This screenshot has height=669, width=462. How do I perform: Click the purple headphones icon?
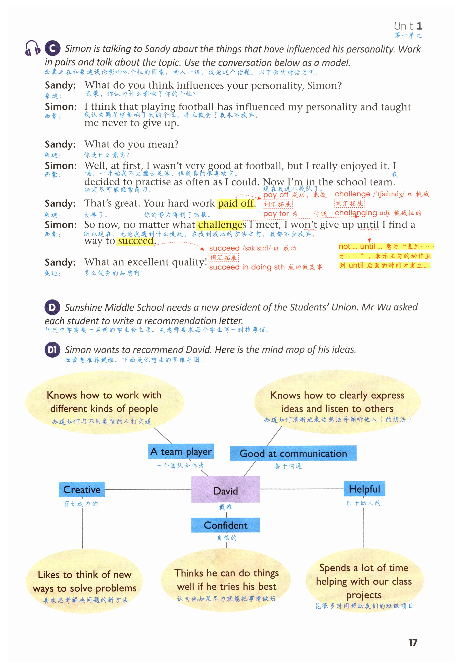tap(32, 48)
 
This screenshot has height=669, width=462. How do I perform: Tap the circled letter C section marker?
tap(52, 48)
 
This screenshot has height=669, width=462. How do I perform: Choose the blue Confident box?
tap(226, 525)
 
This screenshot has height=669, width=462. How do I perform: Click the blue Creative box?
tap(82, 489)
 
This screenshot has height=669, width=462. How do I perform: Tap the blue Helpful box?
tap(364, 489)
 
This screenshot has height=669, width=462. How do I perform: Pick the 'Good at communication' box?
tap(293, 453)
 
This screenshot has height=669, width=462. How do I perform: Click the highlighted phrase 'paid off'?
tap(236, 204)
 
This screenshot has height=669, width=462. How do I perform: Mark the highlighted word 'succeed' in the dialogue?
tap(136, 241)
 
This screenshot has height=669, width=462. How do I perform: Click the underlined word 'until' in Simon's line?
tap(368, 225)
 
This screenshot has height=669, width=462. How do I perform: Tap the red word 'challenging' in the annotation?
tap(356, 213)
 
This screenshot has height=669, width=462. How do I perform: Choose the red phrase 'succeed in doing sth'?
tap(247, 267)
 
